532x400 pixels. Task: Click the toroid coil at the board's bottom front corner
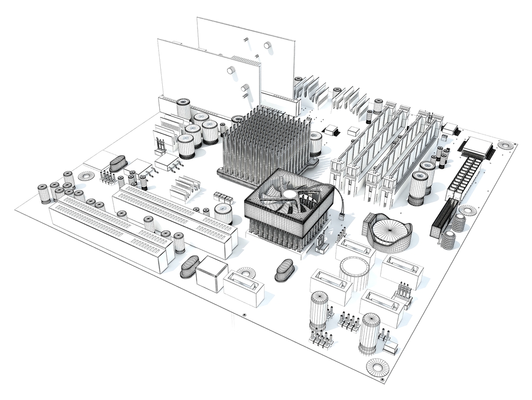coord(378,367)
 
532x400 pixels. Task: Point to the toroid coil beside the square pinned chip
coord(507,145)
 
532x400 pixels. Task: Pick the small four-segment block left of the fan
coord(223,197)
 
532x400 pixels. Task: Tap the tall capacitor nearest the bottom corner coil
coord(370,332)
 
